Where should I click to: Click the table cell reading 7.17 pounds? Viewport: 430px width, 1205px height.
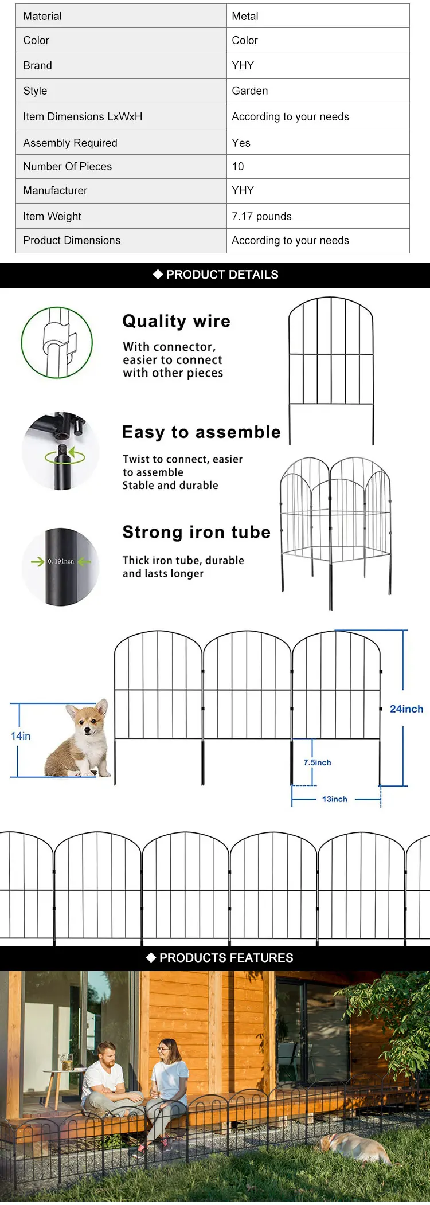click(x=261, y=216)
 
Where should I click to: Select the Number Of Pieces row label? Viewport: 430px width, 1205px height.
click(x=68, y=166)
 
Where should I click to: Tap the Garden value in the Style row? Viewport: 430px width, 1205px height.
click(x=249, y=91)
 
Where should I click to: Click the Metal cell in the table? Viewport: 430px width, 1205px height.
click(x=245, y=16)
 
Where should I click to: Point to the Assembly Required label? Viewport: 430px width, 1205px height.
click(x=70, y=143)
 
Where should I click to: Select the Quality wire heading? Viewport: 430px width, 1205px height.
click(x=176, y=321)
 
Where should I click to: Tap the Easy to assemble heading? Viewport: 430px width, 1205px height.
click(x=201, y=432)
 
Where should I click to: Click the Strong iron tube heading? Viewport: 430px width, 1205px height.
click(x=196, y=532)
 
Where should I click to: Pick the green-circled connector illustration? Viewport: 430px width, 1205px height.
click(x=57, y=342)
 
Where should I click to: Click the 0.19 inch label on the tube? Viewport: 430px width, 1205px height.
click(x=61, y=561)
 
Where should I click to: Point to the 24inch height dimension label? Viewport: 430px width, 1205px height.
click(x=406, y=709)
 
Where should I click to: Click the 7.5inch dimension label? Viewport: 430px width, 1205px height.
click(x=317, y=762)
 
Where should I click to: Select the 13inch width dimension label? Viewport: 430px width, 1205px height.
click(x=334, y=799)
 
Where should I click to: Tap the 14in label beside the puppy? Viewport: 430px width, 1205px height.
click(x=21, y=736)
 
